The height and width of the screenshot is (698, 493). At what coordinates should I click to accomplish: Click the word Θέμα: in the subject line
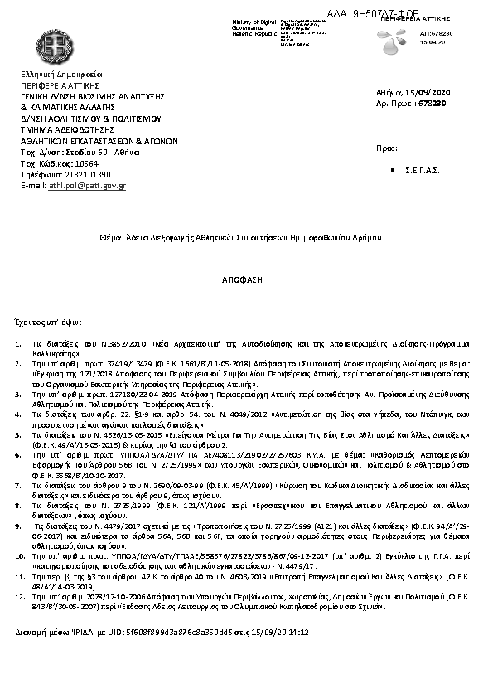pos(111,237)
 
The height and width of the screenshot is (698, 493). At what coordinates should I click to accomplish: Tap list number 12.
pos(21,595)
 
